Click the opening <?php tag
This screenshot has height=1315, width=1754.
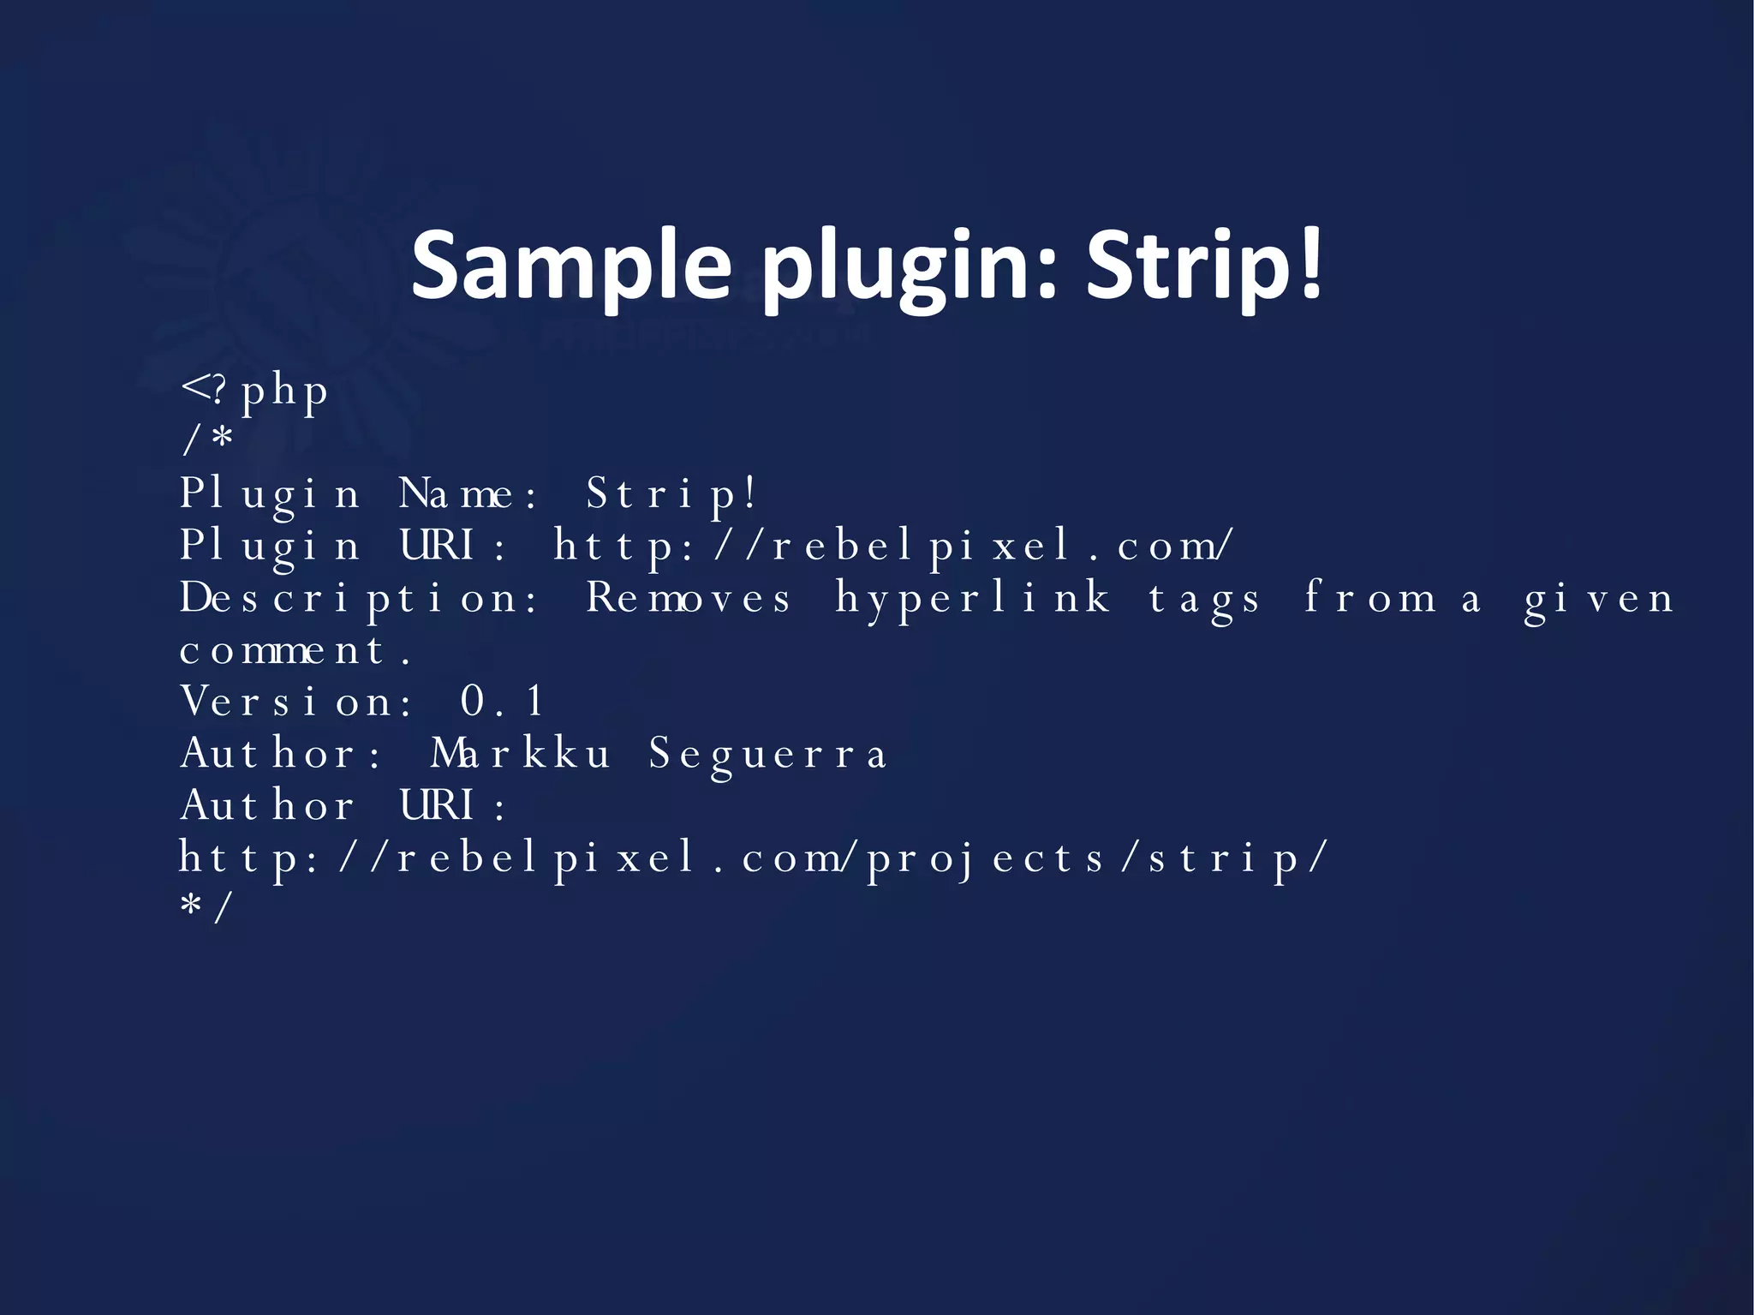(255, 392)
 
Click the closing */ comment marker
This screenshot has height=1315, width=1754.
(206, 908)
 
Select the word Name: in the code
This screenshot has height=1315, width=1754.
(468, 495)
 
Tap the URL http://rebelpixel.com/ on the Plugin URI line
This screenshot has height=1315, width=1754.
(892, 547)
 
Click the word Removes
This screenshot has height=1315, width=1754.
(688, 598)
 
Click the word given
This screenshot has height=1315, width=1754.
(1598, 598)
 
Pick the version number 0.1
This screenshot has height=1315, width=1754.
(502, 702)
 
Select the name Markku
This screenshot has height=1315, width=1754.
(520, 754)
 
